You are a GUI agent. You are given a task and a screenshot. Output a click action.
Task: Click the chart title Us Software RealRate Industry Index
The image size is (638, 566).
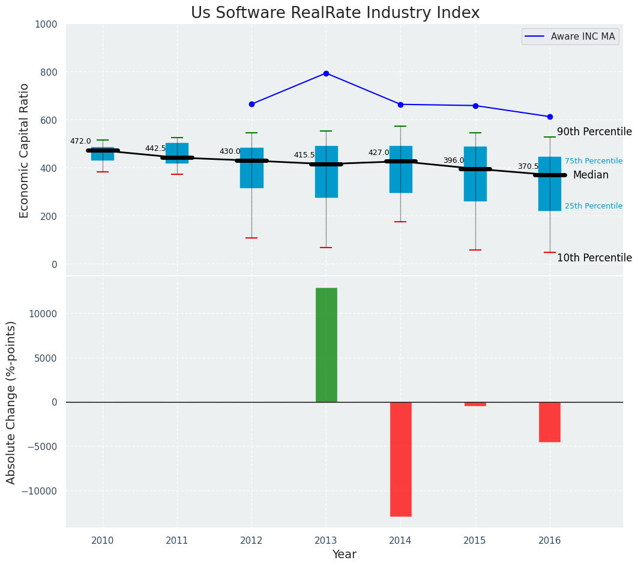335,13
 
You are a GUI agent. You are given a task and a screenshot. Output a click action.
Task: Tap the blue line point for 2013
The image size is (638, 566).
326,73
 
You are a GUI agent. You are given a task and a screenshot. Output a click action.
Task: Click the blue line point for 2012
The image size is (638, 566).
251,104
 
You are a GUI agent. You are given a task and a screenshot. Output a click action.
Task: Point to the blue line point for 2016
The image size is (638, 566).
550,117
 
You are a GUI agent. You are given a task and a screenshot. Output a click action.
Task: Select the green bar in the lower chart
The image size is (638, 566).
326,345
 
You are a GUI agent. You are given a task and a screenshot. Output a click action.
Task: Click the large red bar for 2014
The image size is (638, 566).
400,459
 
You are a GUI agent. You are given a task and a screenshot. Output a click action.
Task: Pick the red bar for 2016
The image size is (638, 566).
550,422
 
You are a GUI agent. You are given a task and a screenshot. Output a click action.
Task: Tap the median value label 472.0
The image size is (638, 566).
80,141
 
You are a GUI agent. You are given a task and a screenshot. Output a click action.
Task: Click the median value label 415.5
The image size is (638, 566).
304,155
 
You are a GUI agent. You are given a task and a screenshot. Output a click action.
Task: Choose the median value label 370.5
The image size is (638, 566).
528,166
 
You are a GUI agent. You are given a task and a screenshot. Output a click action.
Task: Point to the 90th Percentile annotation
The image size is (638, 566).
594,132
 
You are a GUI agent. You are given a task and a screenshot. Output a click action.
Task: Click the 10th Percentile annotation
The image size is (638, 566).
594,258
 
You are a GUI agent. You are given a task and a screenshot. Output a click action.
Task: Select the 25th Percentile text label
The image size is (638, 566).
593,206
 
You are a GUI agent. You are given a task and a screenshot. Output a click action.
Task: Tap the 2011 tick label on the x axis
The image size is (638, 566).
177,540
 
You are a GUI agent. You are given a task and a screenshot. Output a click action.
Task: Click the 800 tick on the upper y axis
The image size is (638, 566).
50,72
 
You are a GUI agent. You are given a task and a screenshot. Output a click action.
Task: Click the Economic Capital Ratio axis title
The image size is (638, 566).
25,150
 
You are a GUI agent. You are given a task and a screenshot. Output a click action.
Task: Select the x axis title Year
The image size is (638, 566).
345,555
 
